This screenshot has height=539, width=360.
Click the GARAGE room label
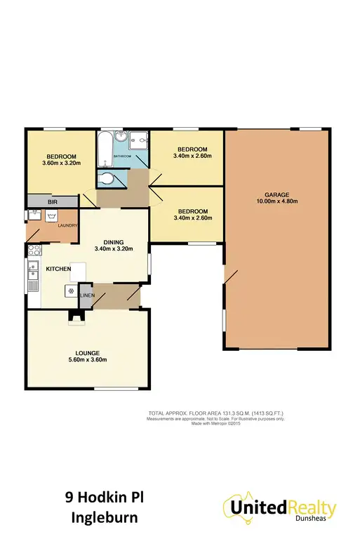coord(276,194)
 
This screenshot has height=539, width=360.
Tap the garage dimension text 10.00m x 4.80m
coord(276,202)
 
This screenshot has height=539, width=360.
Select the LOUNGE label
coord(87,352)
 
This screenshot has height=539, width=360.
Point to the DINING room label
coord(113,241)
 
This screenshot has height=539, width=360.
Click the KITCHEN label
coord(58,269)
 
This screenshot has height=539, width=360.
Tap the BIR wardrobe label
coord(52,201)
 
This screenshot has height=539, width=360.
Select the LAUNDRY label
coord(67,225)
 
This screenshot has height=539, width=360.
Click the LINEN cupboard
coord(85,295)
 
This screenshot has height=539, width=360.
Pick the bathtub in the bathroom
coord(104,149)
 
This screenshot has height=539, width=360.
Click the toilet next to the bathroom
coord(107,179)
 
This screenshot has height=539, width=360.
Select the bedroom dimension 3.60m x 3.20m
coord(61,164)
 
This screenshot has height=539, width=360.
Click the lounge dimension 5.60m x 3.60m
coord(87,360)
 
